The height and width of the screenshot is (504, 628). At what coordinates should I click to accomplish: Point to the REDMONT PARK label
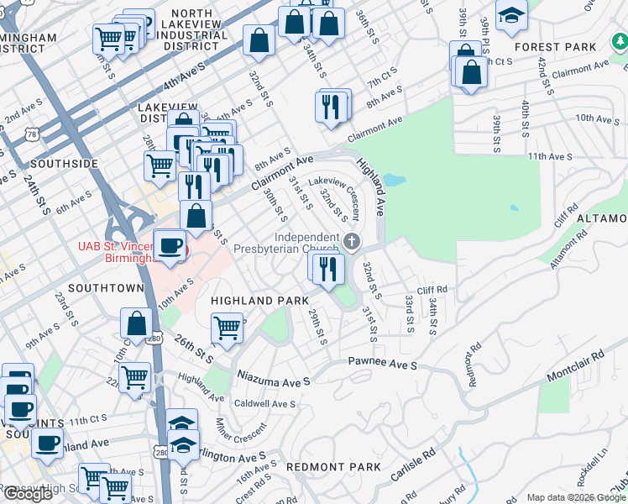(x=333, y=466)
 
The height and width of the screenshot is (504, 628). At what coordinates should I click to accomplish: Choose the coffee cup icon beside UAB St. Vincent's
(x=170, y=246)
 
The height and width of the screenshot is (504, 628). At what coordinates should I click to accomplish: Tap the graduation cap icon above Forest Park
(x=511, y=15)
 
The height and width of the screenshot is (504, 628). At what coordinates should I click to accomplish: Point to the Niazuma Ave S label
(x=274, y=377)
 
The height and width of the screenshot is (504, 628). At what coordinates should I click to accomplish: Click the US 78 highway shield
(x=32, y=134)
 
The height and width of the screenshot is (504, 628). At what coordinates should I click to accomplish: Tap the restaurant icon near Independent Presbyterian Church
(x=328, y=268)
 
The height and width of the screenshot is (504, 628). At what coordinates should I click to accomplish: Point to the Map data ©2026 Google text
(x=576, y=497)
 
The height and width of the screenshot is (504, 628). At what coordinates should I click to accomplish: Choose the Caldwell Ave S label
(x=265, y=404)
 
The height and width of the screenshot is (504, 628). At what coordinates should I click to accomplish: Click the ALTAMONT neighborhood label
(x=602, y=218)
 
